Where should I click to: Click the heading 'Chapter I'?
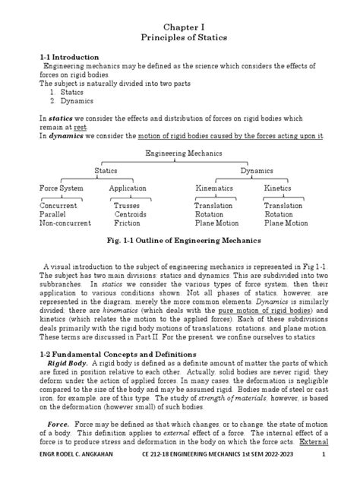[180, 24]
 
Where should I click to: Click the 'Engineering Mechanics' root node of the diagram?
[181, 155]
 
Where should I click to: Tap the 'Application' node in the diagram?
[127, 188]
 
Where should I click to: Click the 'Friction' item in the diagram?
[127, 224]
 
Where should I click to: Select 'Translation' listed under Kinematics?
[213, 206]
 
